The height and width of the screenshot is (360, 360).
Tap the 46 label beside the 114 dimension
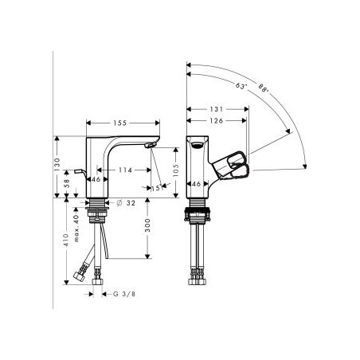tap(96, 181)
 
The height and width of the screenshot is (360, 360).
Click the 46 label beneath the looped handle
tap(196, 185)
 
